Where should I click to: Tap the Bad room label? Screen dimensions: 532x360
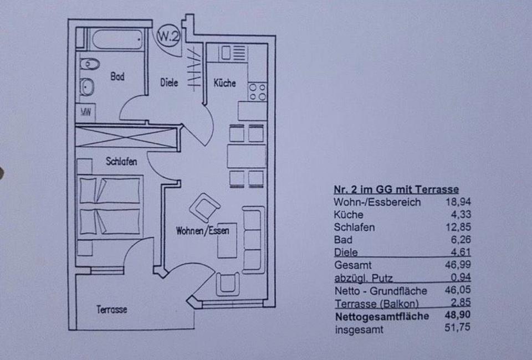pos(117,77)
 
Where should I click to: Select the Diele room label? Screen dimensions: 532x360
pos(169,83)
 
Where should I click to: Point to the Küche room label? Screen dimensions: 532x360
pos(224,83)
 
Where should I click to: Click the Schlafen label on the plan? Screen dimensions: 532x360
pos(121,161)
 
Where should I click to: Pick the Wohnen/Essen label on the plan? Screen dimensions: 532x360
pos(202,230)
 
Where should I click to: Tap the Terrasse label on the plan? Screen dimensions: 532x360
pos(112,310)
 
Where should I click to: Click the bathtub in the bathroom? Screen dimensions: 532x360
pos(116,40)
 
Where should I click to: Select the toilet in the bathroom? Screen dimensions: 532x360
pos(89,65)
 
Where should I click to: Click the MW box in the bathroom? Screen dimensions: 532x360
pos(86,112)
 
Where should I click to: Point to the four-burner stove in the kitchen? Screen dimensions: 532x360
pos(257,91)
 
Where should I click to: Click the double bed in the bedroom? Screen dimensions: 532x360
pos(110,205)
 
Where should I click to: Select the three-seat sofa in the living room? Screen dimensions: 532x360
pos(253,239)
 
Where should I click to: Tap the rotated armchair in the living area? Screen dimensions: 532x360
pos(204,208)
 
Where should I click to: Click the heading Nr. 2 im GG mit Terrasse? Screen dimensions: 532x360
pos(396,189)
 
